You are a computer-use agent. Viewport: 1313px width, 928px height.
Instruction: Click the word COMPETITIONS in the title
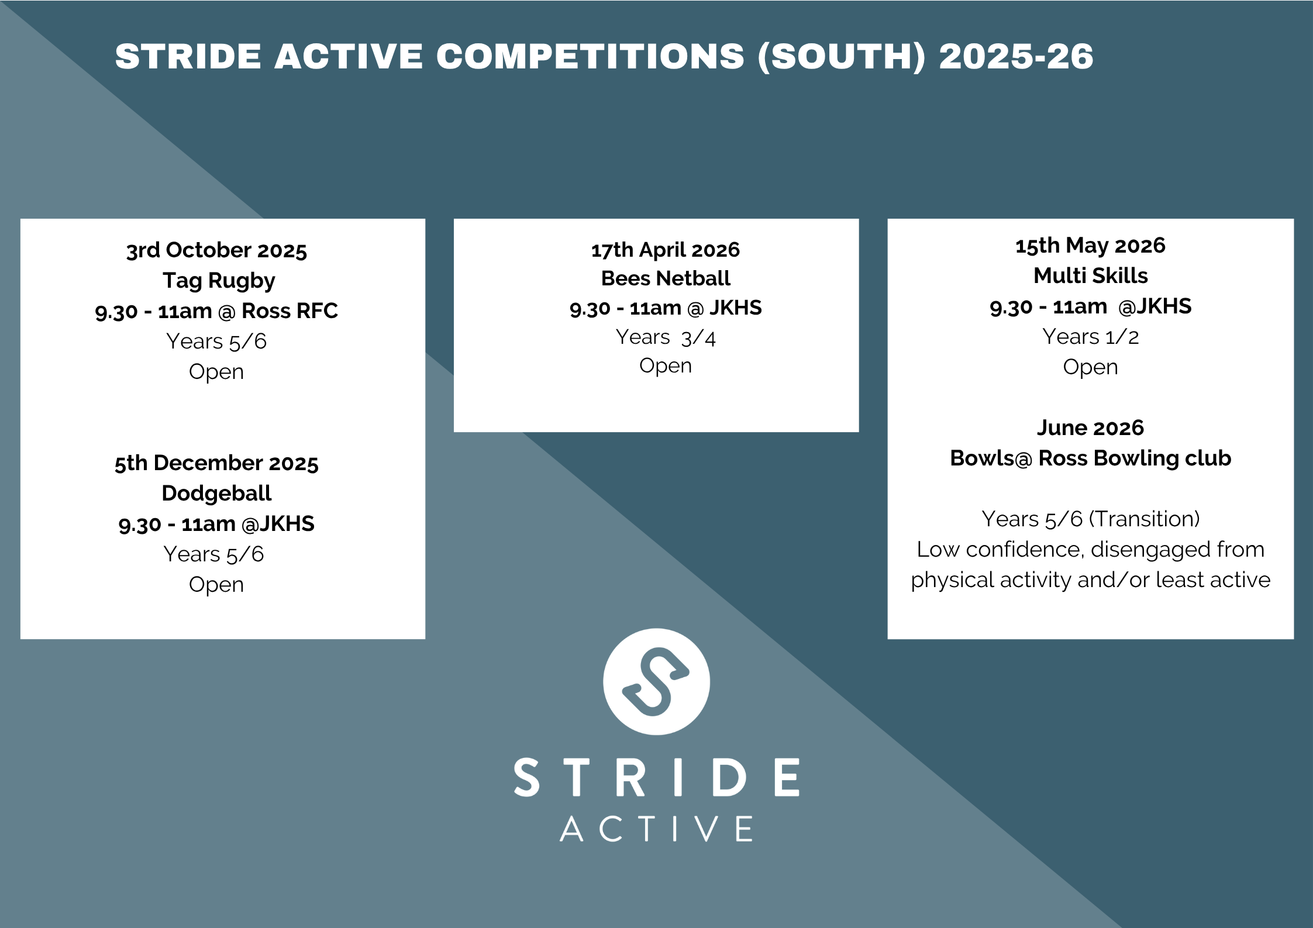tap(590, 57)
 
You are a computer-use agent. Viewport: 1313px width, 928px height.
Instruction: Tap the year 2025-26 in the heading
tap(1016, 57)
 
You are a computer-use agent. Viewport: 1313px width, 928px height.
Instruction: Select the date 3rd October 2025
tap(216, 250)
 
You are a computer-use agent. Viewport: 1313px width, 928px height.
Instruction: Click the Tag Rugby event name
tap(219, 281)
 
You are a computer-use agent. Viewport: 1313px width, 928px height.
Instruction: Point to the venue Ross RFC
tap(290, 311)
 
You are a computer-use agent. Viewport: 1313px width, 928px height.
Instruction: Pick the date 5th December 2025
tap(216, 463)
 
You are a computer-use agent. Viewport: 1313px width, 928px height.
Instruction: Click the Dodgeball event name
tap(216, 494)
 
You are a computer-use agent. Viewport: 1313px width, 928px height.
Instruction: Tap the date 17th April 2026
tap(666, 250)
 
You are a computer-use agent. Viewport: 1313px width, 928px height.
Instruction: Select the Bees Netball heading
tap(666, 278)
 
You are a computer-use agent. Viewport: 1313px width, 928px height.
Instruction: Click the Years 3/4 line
tap(666, 337)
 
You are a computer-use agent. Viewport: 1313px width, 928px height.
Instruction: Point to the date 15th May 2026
tap(1090, 246)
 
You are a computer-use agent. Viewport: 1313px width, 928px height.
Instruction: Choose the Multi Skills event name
tap(1090, 275)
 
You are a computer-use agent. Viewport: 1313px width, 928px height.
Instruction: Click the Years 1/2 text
tap(1090, 337)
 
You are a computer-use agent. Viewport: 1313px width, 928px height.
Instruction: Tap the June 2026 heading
tap(1090, 428)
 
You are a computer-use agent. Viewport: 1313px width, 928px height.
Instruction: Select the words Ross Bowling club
tap(1135, 459)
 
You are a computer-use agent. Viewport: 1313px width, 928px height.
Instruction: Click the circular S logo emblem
tap(656, 682)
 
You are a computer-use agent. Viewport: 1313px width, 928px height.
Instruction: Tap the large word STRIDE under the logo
tap(656, 777)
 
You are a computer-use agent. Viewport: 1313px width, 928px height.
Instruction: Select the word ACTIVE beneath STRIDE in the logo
tap(656, 829)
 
